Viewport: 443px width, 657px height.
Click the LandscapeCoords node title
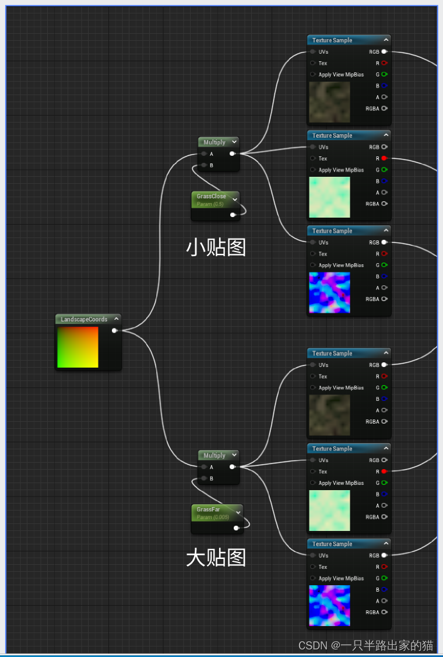click(x=84, y=319)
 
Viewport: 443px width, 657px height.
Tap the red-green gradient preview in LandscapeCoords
click(x=78, y=347)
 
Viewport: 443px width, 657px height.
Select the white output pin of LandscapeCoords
click(x=114, y=331)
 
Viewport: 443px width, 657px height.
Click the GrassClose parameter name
click(x=211, y=197)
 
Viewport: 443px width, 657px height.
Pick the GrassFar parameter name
click(x=208, y=509)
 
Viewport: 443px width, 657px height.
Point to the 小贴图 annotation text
click(x=216, y=247)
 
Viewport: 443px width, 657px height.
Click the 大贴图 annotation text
click(x=216, y=558)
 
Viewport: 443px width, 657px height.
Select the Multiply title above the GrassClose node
click(x=214, y=142)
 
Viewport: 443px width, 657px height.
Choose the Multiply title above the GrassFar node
click(x=214, y=455)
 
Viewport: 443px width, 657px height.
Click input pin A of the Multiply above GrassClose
click(x=203, y=154)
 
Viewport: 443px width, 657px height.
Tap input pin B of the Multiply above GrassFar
click(x=203, y=478)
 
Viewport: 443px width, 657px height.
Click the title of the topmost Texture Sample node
click(x=332, y=40)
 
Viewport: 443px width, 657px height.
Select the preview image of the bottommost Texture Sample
click(x=329, y=606)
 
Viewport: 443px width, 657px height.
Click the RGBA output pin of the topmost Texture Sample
click(x=384, y=109)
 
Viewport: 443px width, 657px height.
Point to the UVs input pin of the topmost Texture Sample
click(x=313, y=52)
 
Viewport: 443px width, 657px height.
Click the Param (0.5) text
click(x=210, y=204)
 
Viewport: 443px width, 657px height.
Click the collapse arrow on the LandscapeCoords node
click(x=117, y=319)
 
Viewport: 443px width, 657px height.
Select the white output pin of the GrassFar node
click(x=236, y=528)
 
